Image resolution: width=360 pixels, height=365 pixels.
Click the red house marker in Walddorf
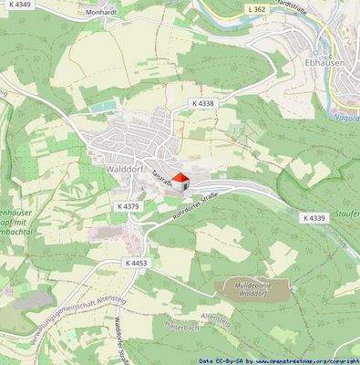(180, 181)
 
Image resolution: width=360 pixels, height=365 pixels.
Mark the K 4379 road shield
(130, 207)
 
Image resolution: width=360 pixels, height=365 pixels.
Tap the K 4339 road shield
(314, 217)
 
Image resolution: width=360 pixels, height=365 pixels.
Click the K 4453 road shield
(137, 262)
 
